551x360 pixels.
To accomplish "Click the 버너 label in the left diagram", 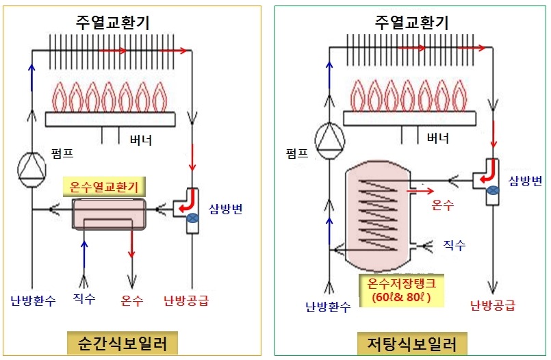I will [x=141, y=141].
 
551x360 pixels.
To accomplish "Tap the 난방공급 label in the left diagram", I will [x=186, y=300].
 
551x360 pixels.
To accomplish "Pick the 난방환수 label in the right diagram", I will [x=328, y=306].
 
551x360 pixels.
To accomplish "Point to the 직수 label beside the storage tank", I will [x=454, y=244].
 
